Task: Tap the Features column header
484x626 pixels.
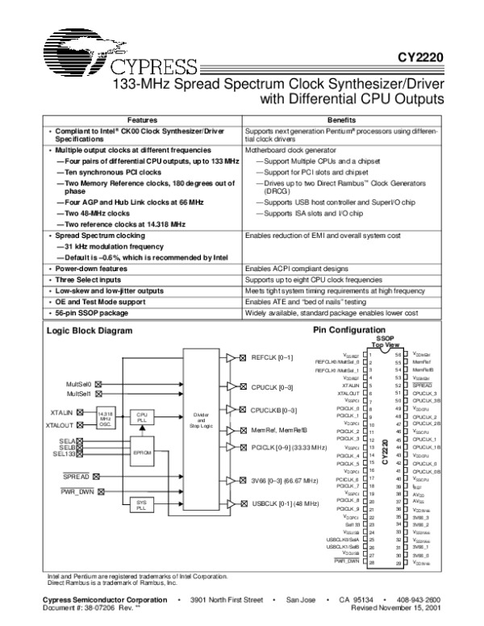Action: coord(141,119)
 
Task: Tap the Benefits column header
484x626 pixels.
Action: coord(342,119)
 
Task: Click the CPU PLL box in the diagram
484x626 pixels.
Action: coord(142,415)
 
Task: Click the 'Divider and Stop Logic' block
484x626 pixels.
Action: coord(202,417)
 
